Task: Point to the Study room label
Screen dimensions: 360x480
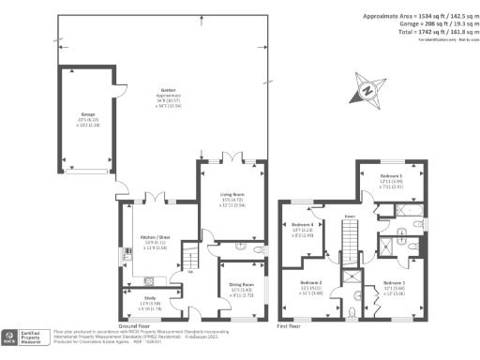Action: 138,302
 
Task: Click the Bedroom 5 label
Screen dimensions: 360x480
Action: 391,175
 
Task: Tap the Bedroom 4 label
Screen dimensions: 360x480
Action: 302,225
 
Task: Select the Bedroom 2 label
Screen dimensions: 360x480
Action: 311,282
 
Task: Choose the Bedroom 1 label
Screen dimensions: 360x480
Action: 395,282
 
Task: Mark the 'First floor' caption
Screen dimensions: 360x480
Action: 289,326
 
